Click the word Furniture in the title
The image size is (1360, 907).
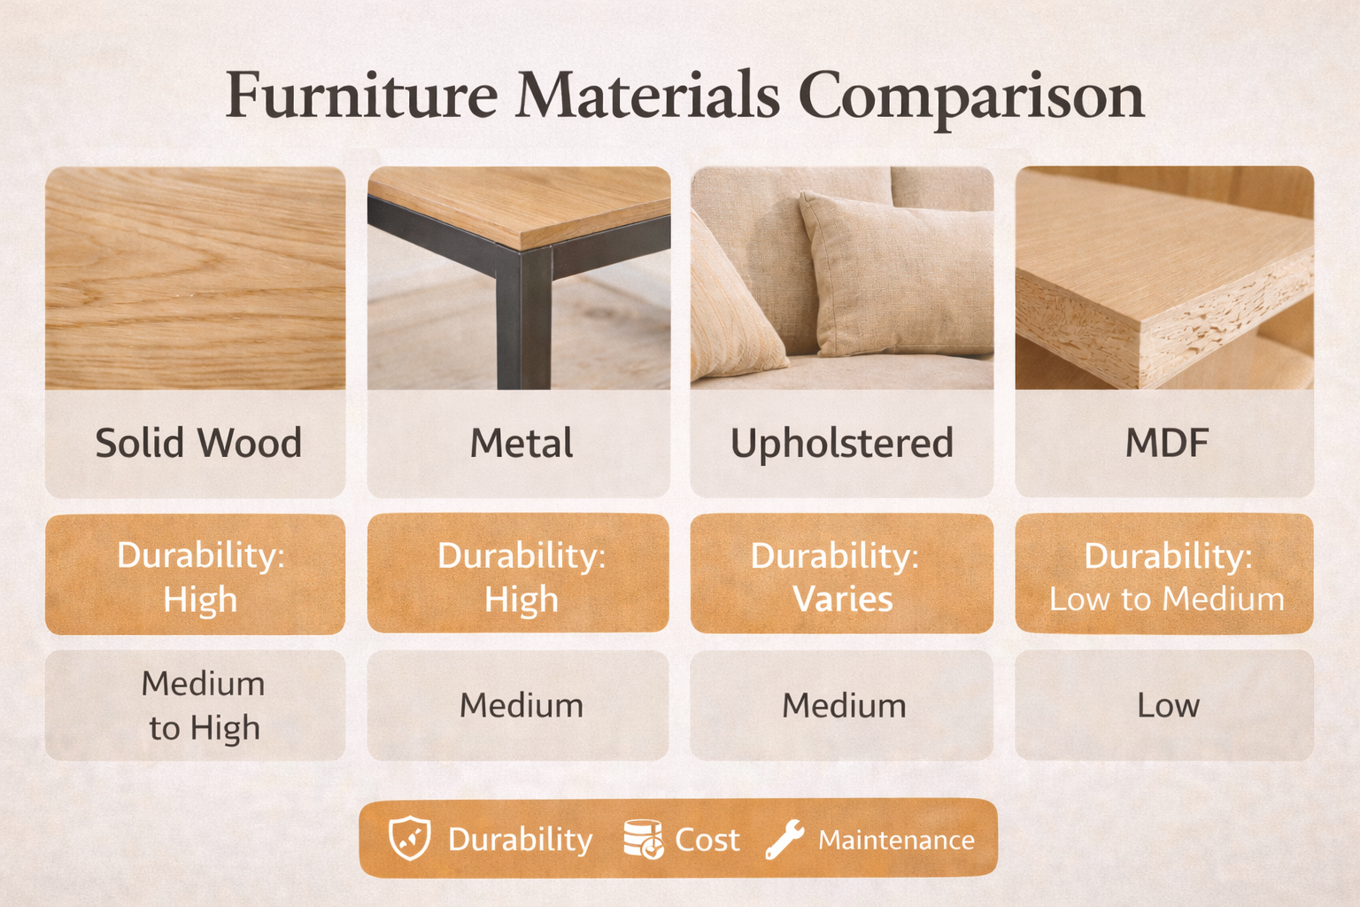(361, 96)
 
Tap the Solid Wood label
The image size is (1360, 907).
(198, 443)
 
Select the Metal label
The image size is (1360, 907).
(521, 443)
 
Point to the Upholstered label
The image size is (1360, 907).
(841, 443)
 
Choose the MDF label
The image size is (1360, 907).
(1166, 443)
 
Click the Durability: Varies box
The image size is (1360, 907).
(841, 575)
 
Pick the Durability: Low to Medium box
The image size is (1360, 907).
(1164, 575)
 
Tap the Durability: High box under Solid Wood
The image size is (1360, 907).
(196, 575)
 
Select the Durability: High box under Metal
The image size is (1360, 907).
(519, 575)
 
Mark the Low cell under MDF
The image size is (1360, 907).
(1166, 706)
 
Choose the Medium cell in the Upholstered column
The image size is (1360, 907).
(842, 706)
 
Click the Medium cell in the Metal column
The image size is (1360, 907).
(520, 706)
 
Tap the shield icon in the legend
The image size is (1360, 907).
(410, 838)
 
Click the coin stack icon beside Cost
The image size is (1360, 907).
(643, 838)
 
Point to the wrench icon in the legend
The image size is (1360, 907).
(784, 838)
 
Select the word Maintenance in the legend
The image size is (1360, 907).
(896, 840)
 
